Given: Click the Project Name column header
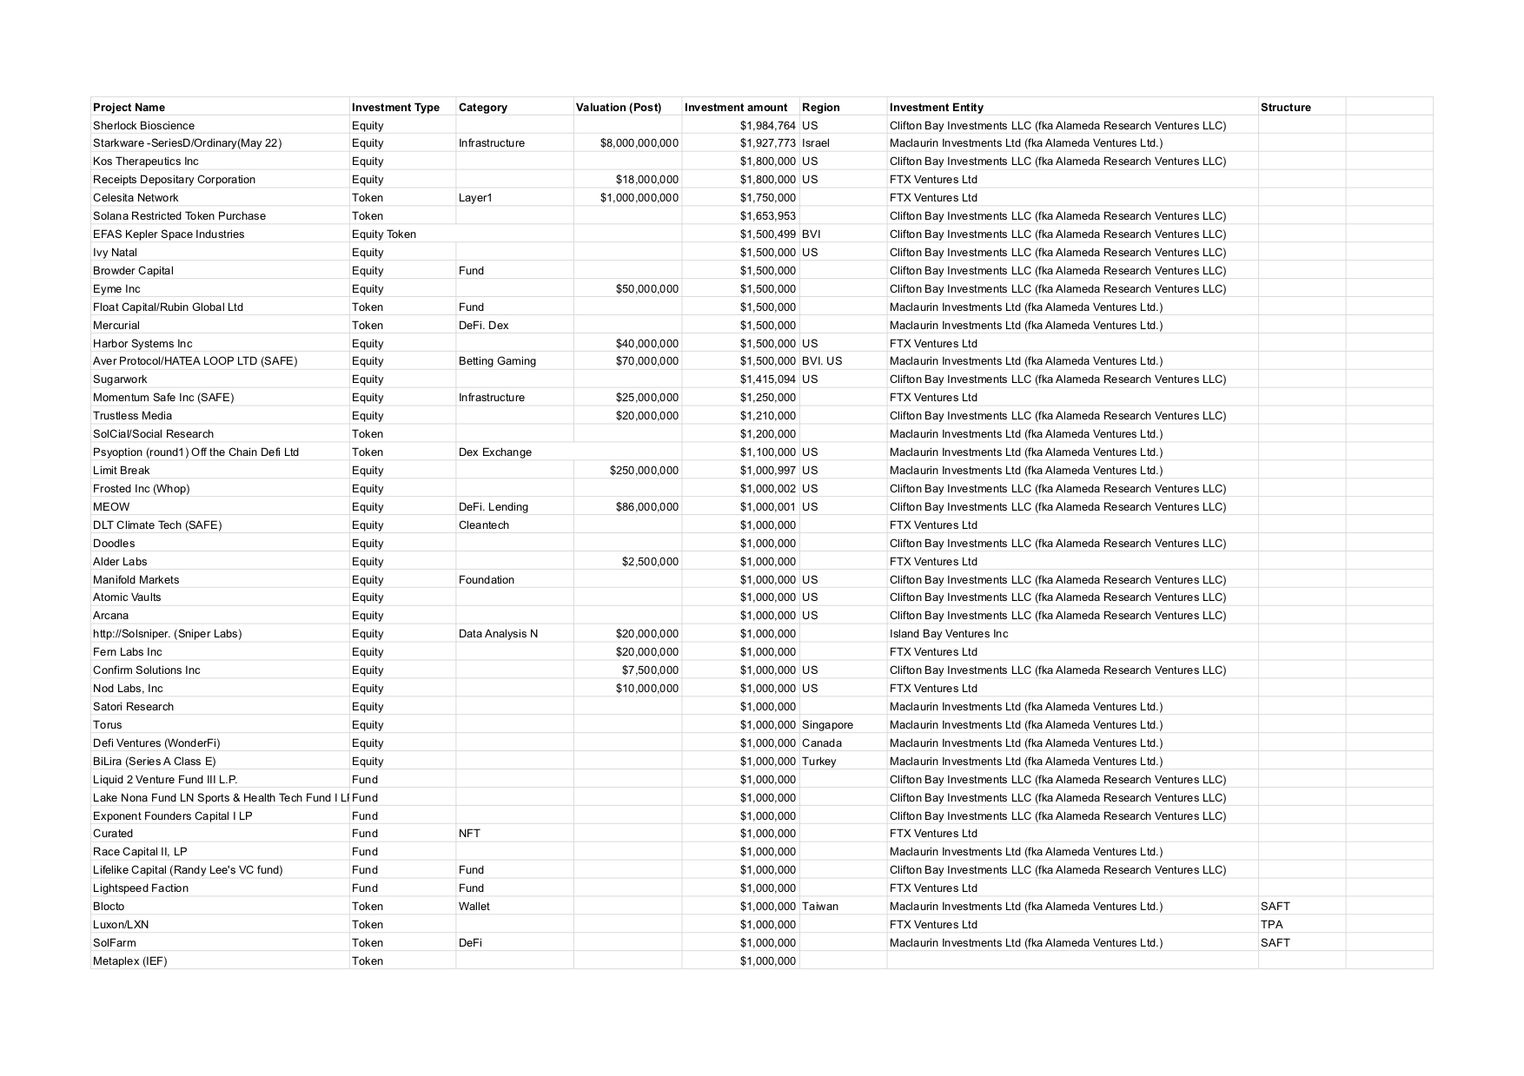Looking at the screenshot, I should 129,108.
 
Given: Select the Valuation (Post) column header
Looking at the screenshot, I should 618,108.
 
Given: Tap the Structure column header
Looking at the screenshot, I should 1285,108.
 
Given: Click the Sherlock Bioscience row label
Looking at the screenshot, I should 143,126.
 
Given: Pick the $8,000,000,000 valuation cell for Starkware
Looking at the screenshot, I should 639,143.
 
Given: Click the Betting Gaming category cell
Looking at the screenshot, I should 497,361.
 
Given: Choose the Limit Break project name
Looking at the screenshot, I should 121,471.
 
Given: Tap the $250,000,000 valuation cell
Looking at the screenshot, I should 644,471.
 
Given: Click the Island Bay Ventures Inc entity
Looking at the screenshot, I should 949,634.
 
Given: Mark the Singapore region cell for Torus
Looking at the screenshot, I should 827,725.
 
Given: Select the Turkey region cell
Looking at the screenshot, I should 818,762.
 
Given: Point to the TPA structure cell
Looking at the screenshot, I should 1271,925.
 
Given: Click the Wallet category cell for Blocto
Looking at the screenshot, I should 474,907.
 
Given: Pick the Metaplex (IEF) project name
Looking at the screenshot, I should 129,961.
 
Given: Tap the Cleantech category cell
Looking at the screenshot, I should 483,525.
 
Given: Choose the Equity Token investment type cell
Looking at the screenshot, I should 383,234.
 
